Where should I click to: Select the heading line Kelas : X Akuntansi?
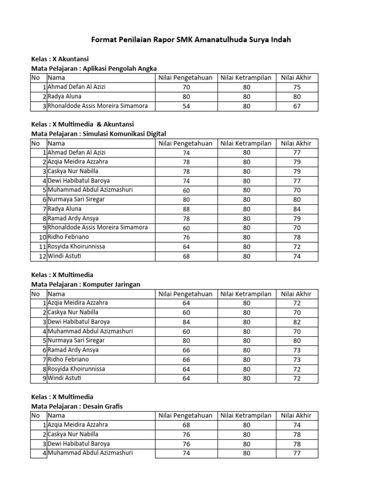click(x=60, y=59)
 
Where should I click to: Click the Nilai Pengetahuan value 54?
click(x=186, y=106)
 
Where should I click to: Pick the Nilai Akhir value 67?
click(x=297, y=106)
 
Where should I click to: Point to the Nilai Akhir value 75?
click(x=297, y=87)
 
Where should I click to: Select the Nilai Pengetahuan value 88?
click(x=186, y=209)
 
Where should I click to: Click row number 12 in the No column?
click(x=41, y=256)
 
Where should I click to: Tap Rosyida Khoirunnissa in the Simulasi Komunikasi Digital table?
click(x=77, y=247)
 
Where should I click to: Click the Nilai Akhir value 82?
click(x=297, y=322)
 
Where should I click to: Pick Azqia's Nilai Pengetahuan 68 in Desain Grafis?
click(x=186, y=425)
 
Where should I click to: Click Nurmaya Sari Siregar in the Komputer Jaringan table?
click(x=76, y=341)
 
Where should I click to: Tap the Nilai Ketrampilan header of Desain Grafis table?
click(x=246, y=415)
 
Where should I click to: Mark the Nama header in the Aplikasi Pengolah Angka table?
click(x=56, y=78)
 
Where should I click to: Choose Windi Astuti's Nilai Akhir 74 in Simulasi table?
click(x=297, y=256)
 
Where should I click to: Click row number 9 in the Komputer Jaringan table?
click(x=43, y=379)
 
